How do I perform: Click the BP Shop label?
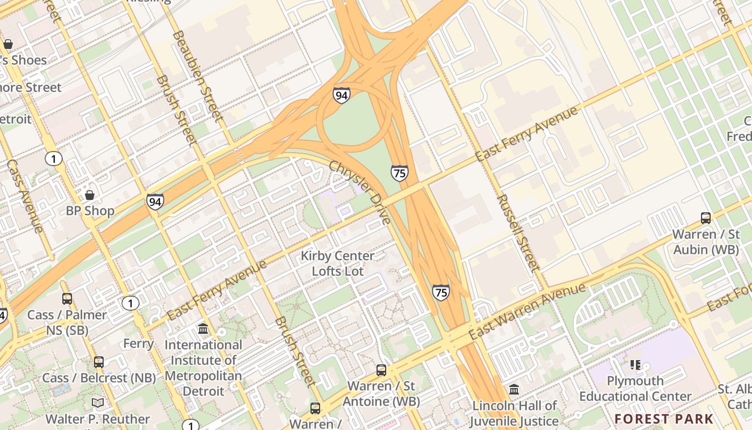(90, 211)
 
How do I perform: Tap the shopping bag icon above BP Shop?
(90, 195)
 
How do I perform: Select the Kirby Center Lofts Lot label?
(337, 263)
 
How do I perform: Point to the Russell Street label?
(518, 232)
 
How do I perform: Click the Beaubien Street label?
(198, 75)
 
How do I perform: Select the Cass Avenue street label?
(25, 196)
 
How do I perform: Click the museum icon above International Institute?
(203, 328)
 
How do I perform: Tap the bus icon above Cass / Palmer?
(67, 298)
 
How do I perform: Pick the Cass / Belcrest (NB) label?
(99, 378)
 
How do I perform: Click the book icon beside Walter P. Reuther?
(98, 403)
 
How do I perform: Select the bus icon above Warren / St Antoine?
(381, 370)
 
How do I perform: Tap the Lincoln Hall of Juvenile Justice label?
(514, 413)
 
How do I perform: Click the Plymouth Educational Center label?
(635, 389)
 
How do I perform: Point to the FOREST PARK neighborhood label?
(664, 419)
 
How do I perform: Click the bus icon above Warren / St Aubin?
(706, 218)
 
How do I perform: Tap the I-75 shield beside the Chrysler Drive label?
(399, 173)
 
